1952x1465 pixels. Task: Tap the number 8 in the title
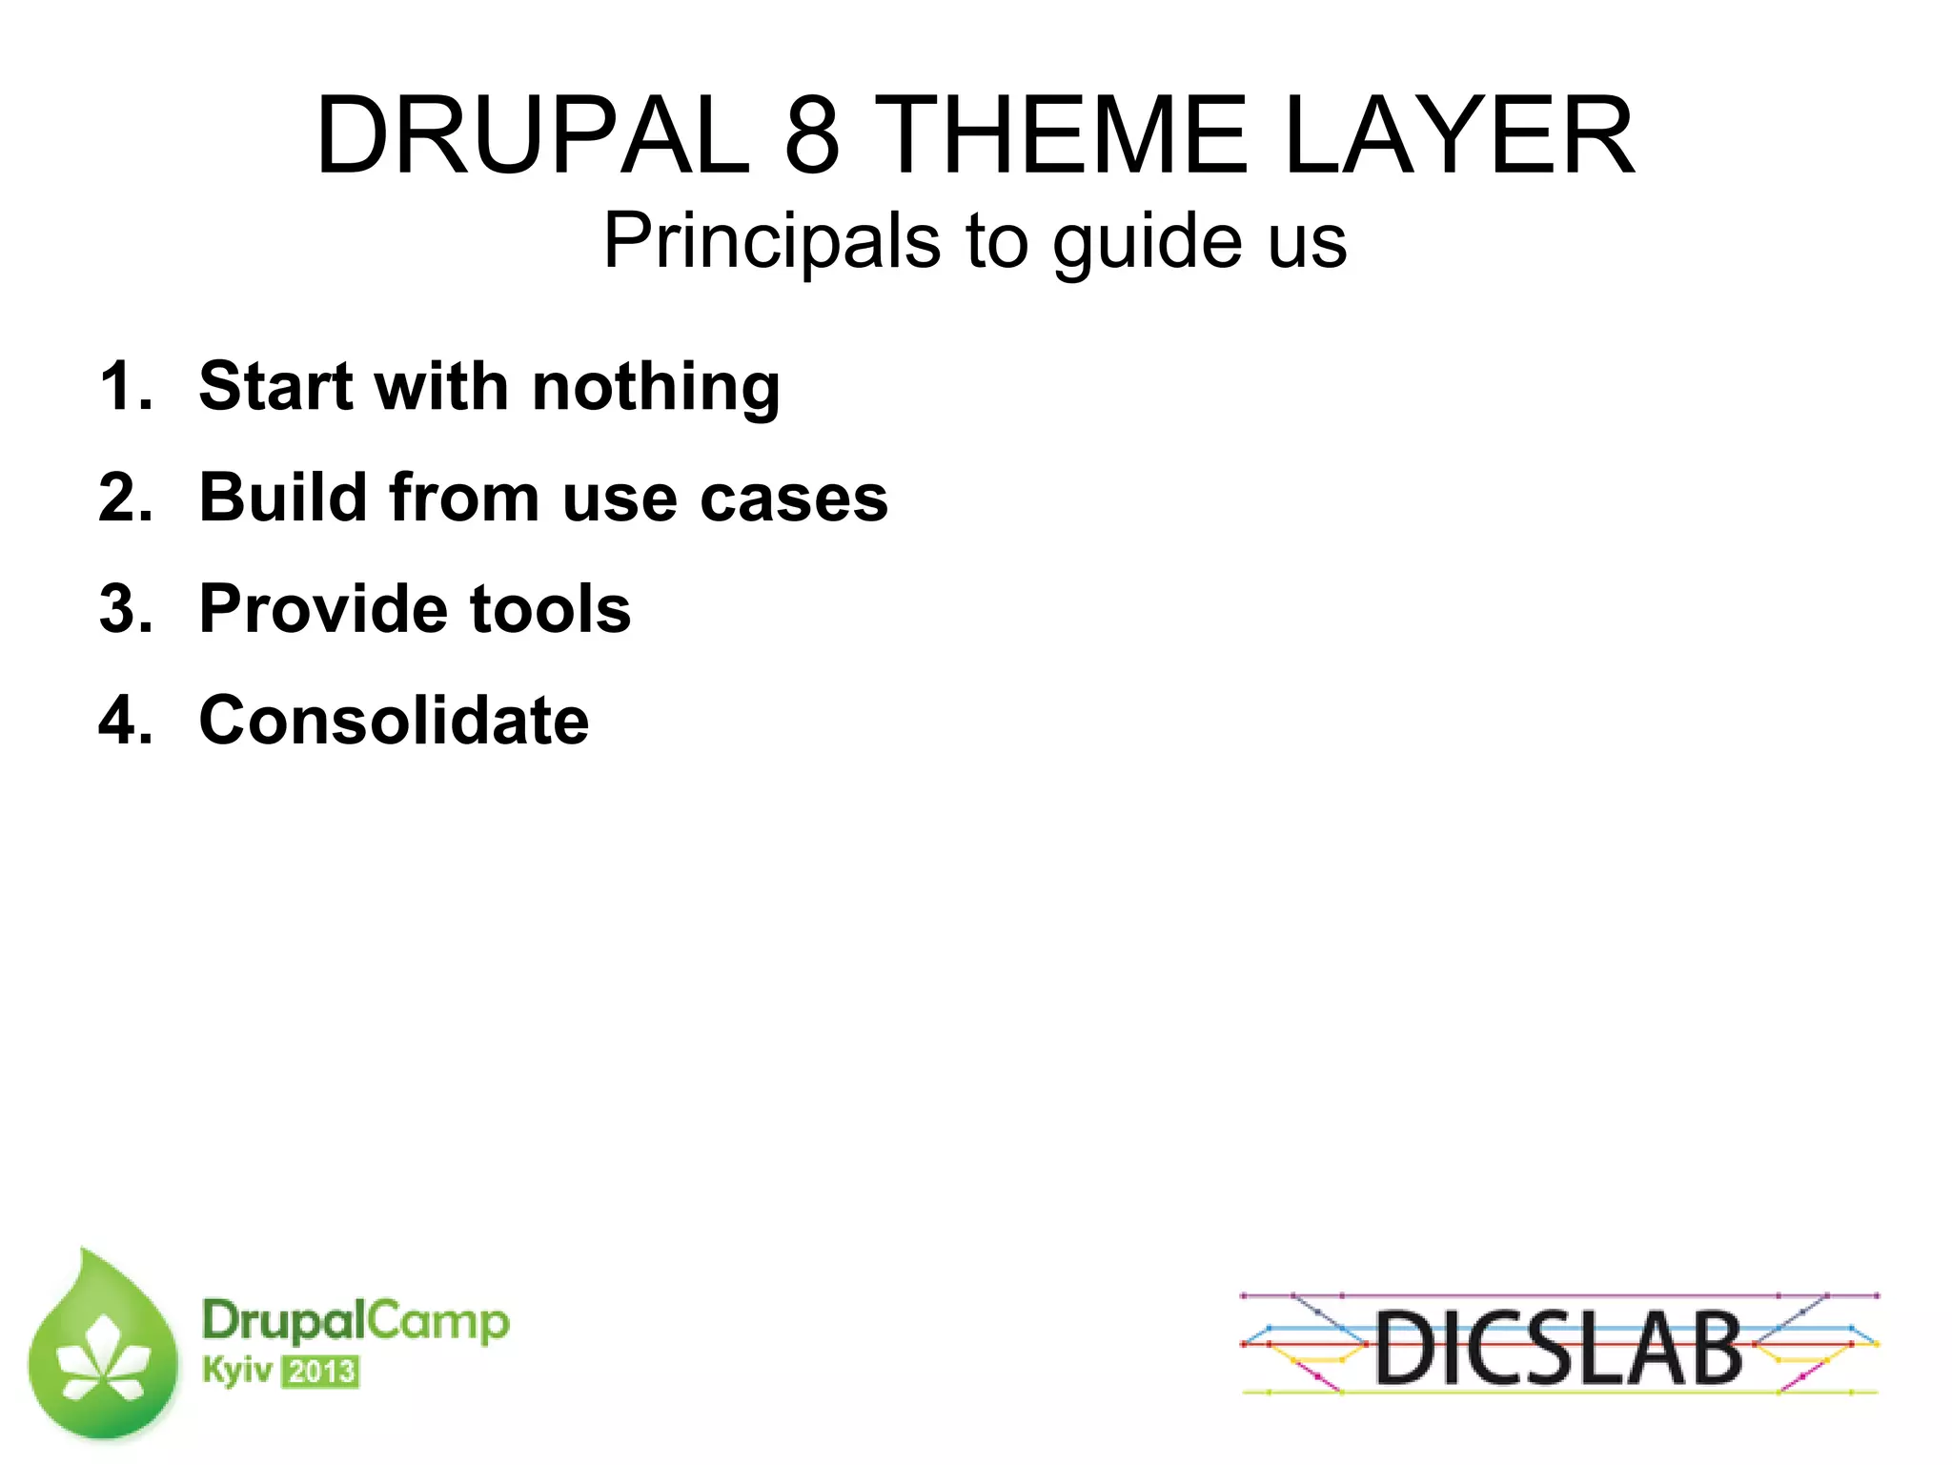pos(812,136)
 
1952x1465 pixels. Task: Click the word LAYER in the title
pos(1459,136)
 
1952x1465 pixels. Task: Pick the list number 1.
pos(124,387)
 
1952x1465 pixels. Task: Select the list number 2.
pos(124,499)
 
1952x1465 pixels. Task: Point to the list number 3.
pos(124,610)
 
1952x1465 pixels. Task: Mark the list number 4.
pos(124,722)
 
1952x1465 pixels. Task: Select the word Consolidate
pos(394,721)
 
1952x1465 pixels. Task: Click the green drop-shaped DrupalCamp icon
pos(103,1350)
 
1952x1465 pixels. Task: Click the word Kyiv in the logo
pos(236,1372)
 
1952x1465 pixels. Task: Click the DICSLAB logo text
pos(1558,1347)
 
